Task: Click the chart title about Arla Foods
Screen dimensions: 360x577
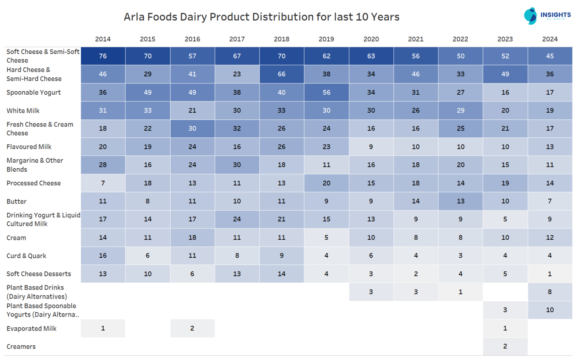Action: coord(261,17)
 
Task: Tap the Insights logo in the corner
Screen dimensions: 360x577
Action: coord(547,16)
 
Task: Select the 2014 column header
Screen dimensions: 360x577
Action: coord(103,39)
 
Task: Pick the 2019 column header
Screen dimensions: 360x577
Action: coord(326,39)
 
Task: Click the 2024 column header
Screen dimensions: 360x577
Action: coord(550,39)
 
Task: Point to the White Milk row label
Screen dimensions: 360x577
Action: coord(23,111)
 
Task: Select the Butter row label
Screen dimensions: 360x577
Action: coord(17,201)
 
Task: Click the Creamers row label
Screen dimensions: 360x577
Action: coord(21,346)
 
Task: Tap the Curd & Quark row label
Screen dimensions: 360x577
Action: coord(26,256)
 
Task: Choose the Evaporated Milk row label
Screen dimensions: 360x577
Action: coord(32,328)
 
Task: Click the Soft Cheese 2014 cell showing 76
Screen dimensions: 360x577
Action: coord(103,56)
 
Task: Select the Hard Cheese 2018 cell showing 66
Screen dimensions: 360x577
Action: coord(281,74)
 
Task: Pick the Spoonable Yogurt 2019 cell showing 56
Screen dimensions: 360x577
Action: coord(326,92)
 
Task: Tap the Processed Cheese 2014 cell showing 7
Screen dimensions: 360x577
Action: coord(103,183)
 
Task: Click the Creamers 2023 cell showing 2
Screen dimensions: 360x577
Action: coord(505,346)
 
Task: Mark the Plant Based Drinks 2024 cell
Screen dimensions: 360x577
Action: coord(550,292)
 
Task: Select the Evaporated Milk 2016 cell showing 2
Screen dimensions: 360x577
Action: coord(192,328)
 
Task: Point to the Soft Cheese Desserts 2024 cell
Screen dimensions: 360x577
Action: coord(550,274)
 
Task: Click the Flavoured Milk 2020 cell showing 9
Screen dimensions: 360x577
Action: coord(371,147)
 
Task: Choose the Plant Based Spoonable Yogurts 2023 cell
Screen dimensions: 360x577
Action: coord(505,310)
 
